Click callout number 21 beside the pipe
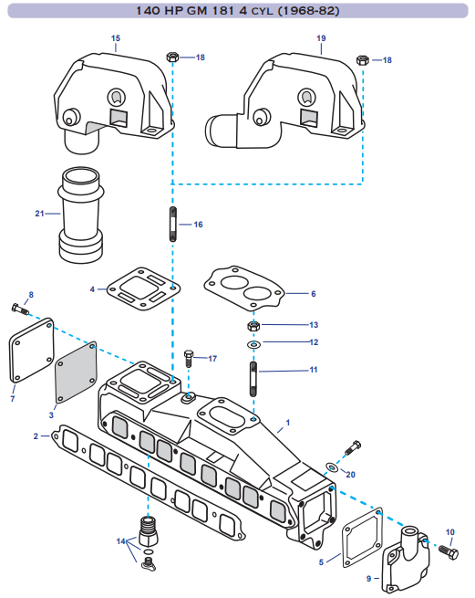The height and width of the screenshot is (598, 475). (x=39, y=214)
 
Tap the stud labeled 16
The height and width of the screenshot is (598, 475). (x=173, y=225)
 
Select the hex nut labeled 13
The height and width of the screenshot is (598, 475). (x=253, y=326)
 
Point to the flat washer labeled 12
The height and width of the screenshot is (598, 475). (x=253, y=345)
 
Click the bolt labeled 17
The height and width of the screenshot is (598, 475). (x=189, y=358)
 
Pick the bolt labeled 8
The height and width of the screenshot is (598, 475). (x=20, y=309)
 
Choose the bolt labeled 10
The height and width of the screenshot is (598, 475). (x=449, y=551)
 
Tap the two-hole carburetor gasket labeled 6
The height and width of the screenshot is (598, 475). (x=244, y=286)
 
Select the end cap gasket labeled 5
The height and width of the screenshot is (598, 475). (x=363, y=538)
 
